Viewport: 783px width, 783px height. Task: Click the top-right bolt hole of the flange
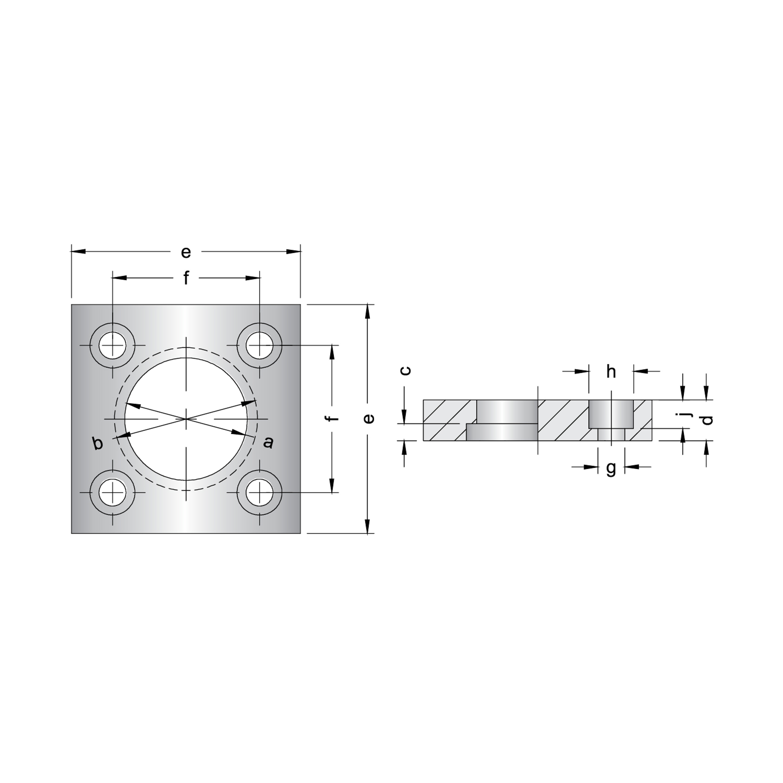(x=259, y=345)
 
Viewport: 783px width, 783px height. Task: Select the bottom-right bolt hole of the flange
(x=259, y=493)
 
